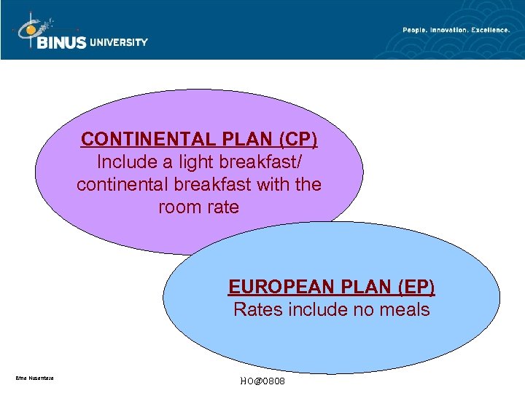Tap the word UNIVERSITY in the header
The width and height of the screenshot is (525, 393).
tap(119, 42)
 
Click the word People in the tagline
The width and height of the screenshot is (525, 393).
tap(415, 30)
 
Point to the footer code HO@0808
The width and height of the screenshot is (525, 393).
tap(262, 381)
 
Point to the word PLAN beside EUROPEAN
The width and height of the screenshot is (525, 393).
tap(354, 287)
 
